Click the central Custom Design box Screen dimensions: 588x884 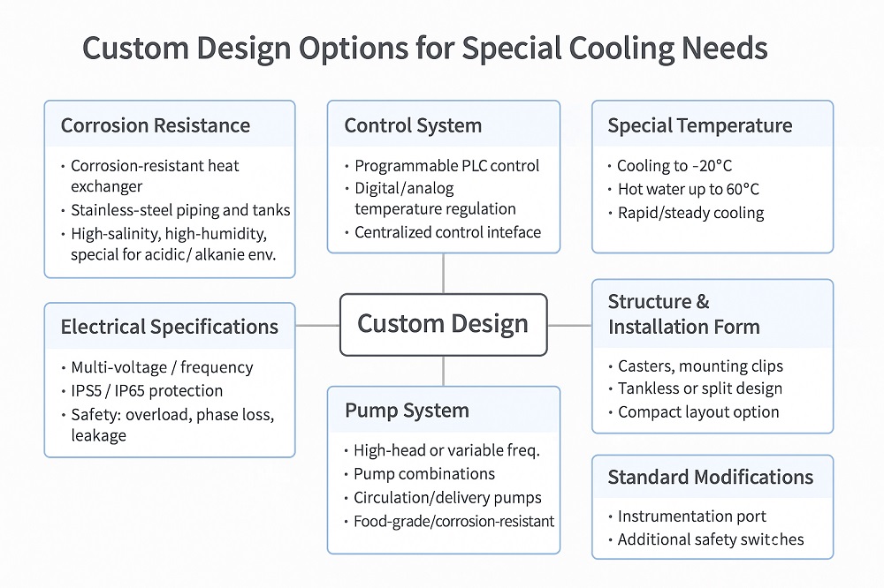pyautogui.click(x=443, y=324)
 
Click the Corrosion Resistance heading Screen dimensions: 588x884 pyautogui.click(x=155, y=125)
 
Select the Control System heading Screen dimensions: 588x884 pyautogui.click(x=413, y=125)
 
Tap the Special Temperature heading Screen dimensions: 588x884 pyautogui.click(x=699, y=125)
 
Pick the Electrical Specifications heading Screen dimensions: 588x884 pyautogui.click(x=169, y=327)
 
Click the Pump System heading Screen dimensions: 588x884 pyautogui.click(x=407, y=411)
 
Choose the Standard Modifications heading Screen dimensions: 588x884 pyautogui.click(x=710, y=478)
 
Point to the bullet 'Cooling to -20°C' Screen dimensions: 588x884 pyautogui.click(x=674, y=166)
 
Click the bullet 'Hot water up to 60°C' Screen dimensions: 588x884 pyautogui.click(x=687, y=189)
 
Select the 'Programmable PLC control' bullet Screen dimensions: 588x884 pyautogui.click(x=446, y=166)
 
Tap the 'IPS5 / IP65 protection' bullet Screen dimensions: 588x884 pyautogui.click(x=147, y=390)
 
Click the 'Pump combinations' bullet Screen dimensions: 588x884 pyautogui.click(x=424, y=474)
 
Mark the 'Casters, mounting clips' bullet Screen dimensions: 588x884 pyautogui.click(x=700, y=366)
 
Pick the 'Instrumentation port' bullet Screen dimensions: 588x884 pyautogui.click(x=691, y=516)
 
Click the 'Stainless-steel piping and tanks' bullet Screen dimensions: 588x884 pyautogui.click(x=180, y=211)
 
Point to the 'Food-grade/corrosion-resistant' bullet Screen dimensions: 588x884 pyautogui.click(x=453, y=521)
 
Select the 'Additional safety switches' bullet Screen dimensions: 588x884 pyautogui.click(x=710, y=539)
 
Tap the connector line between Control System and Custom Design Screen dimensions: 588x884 pyautogui.click(x=443, y=274)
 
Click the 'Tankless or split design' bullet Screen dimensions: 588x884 pyautogui.click(x=699, y=388)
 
